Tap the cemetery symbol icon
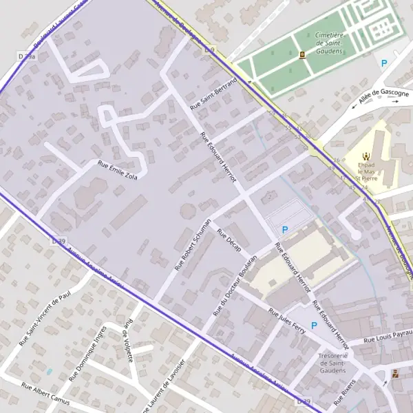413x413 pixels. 303,56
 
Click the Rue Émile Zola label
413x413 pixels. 118,170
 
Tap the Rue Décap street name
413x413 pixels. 229,242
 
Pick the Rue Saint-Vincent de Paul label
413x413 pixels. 45,317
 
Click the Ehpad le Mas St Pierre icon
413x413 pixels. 367,155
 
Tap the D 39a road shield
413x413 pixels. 26,56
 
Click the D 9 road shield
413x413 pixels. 211,50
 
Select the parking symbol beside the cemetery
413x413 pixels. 384,63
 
